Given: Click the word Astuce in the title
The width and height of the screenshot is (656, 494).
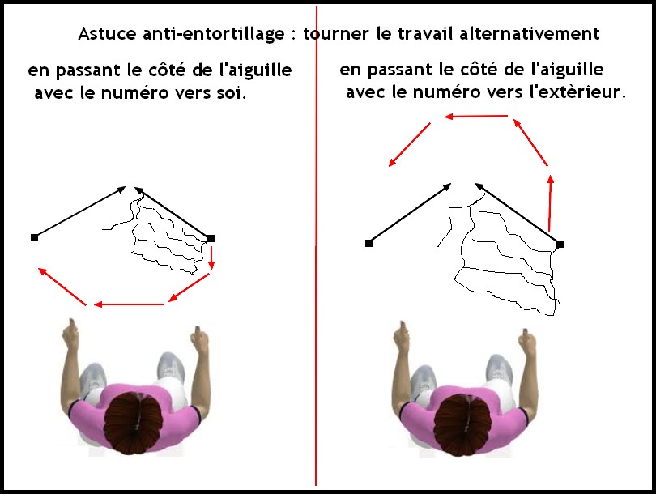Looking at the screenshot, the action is pos(107,33).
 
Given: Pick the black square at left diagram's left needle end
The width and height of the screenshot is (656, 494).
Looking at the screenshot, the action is pos(34,237).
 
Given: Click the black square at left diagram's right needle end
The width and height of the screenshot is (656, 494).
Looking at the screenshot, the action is pos(211,238).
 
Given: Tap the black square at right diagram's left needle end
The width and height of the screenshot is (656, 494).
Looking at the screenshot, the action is pos(368,243).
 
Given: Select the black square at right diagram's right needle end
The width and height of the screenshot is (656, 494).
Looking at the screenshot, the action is pos(560,244).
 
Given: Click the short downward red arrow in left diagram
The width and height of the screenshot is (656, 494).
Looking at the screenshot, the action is pos(211,258).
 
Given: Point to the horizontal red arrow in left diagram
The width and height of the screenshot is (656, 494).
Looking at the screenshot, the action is pos(129,304).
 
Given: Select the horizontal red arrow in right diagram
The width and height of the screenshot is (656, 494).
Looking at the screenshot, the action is pos(476,117).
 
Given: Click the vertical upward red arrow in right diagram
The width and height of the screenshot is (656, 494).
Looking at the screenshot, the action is pos(550,203).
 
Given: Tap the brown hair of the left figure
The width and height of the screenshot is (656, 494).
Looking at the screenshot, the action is pos(133,424).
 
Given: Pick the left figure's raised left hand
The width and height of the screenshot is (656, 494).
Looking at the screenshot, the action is pos(70,333).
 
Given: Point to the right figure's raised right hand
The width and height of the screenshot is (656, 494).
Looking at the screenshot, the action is pos(526,341).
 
